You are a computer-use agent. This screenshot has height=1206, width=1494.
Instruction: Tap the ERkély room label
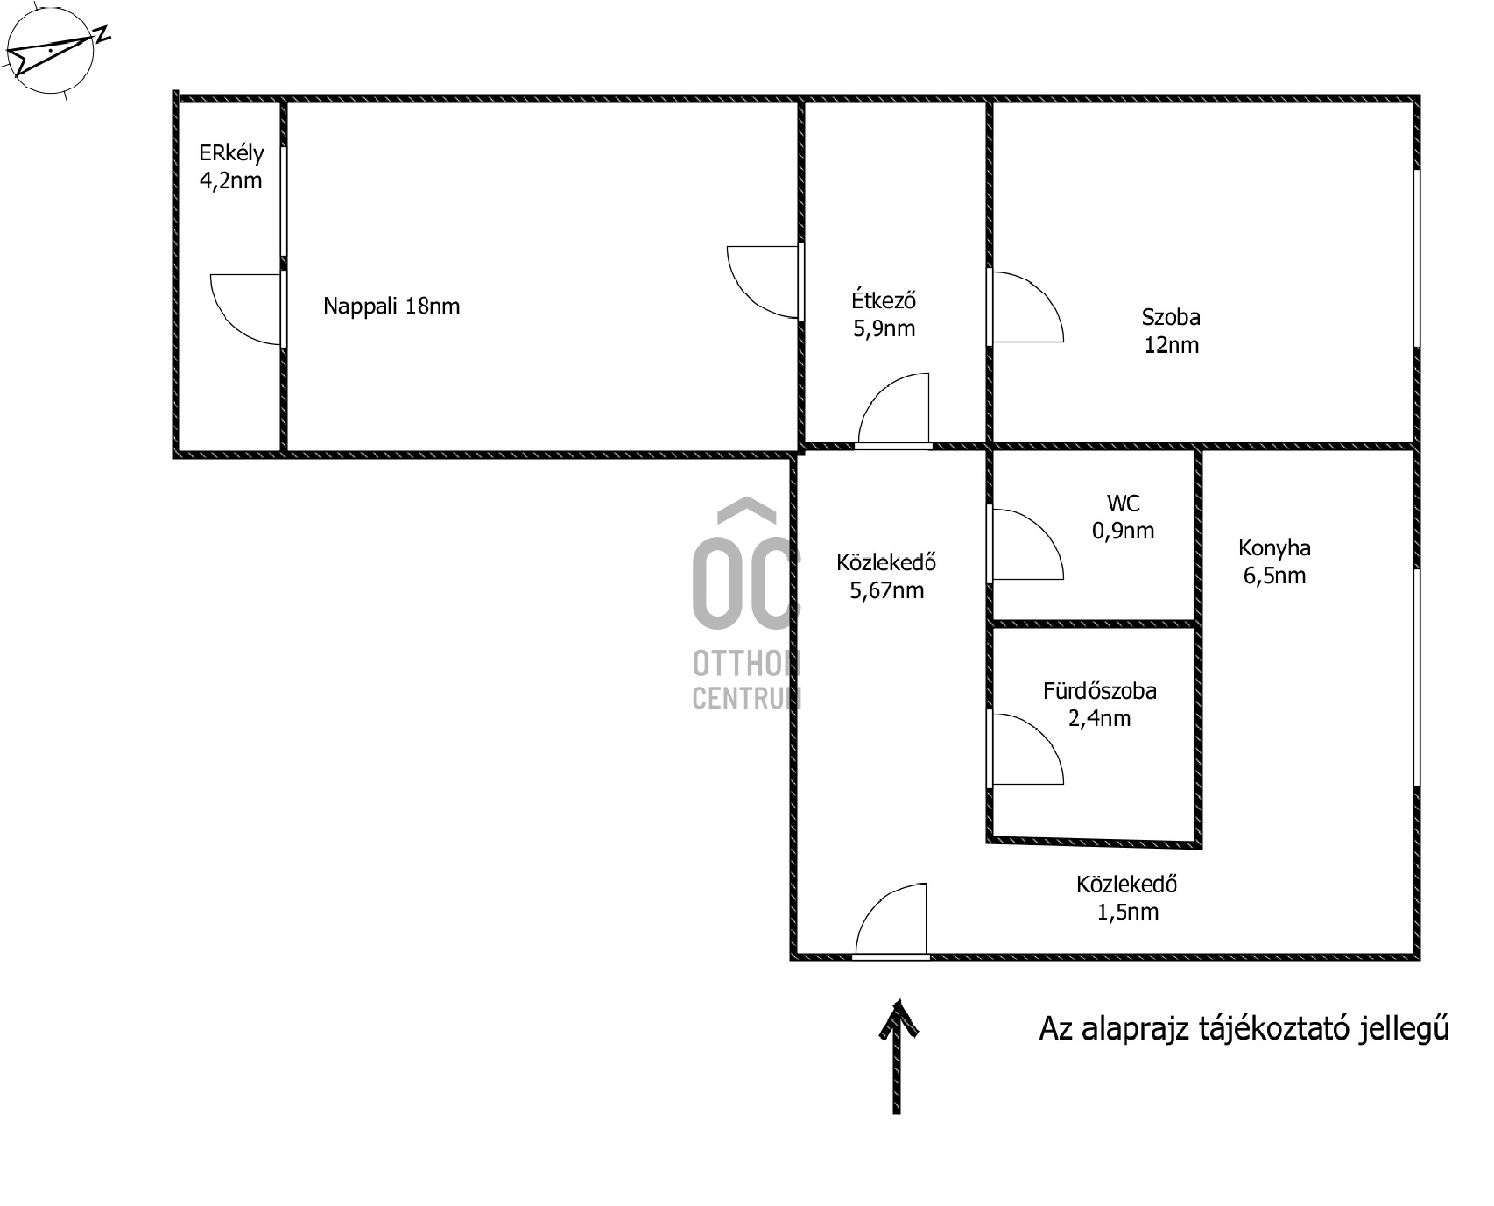click(231, 152)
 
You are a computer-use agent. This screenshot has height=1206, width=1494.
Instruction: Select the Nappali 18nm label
click(391, 306)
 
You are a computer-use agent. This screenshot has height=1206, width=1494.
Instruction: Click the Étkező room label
click(884, 300)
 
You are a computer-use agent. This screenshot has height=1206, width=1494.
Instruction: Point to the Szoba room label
click(1171, 316)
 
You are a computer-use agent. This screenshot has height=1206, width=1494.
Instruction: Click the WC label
click(1124, 503)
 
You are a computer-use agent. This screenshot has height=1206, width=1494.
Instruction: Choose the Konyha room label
click(1274, 548)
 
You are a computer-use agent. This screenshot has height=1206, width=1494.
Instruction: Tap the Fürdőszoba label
click(1099, 691)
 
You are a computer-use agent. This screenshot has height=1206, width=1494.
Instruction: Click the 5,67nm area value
click(886, 590)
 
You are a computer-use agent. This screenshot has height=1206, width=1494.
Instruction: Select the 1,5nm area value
click(1128, 912)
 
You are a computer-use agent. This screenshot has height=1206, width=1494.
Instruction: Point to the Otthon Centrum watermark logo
click(746, 603)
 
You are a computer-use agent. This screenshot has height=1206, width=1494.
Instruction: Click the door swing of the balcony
click(245, 310)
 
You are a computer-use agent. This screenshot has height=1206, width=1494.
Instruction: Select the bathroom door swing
click(1026, 749)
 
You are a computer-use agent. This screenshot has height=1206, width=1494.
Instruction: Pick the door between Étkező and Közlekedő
click(893, 409)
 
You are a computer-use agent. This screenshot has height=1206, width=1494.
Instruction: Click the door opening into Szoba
click(1026, 306)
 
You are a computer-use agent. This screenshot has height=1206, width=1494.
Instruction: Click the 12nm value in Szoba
click(1172, 344)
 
